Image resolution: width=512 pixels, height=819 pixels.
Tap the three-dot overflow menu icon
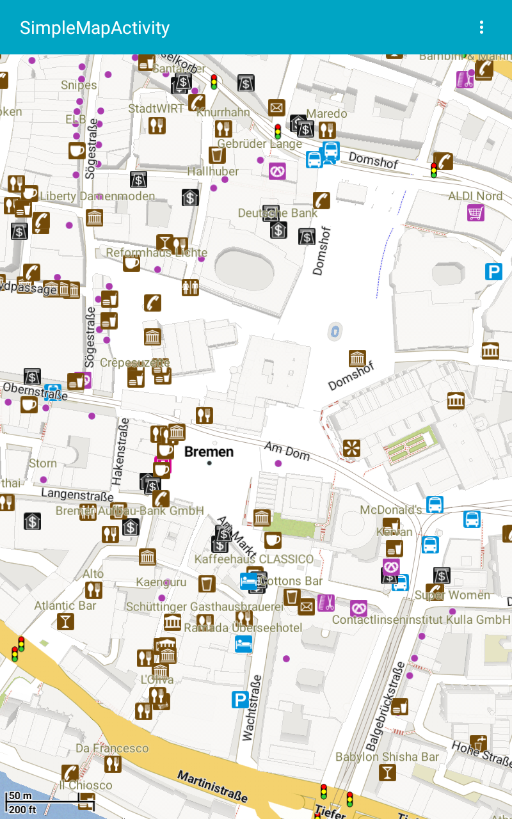pos(481,28)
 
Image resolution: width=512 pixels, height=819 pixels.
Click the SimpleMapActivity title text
pos(95,28)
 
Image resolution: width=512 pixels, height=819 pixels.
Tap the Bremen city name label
pos(209,452)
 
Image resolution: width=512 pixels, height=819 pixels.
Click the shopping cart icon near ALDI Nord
pos(476,212)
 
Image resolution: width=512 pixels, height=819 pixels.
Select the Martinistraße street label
pos(212,786)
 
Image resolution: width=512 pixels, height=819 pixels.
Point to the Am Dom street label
pos(287,451)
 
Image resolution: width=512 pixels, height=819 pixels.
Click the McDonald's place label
pos(391,510)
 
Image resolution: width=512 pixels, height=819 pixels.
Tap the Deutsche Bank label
pos(278,212)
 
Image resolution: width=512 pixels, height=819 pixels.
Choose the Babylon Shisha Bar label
pos(387,757)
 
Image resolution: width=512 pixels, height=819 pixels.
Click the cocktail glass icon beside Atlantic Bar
pos(65,621)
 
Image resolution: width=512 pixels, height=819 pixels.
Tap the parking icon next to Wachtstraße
pos(240,700)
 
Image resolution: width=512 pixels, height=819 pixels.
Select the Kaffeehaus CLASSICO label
pos(254,559)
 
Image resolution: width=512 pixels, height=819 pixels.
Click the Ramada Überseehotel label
pos(243,628)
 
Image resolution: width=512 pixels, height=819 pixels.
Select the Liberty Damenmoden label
pos(97,196)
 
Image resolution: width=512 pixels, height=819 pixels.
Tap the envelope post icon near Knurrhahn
pos(276,107)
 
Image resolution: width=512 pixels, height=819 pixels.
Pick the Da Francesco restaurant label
pos(112,748)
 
